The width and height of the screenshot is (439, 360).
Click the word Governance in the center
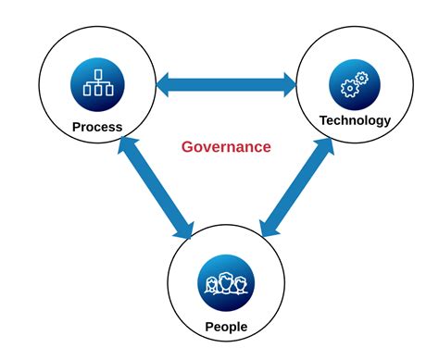pyautogui.click(x=226, y=146)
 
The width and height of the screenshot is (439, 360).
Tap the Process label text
pyautogui.click(x=97, y=126)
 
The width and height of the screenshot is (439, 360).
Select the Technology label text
pyautogui.click(x=355, y=120)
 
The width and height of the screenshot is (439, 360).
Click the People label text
pyautogui.click(x=226, y=325)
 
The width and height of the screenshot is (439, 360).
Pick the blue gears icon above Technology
pyautogui.click(x=355, y=85)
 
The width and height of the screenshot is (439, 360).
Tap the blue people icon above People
pyautogui.click(x=226, y=283)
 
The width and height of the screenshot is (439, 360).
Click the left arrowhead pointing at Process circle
pyautogui.click(x=164, y=85)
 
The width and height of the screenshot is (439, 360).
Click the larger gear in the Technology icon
pyautogui.click(x=350, y=89)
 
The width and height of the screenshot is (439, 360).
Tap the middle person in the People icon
pyautogui.click(x=226, y=282)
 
